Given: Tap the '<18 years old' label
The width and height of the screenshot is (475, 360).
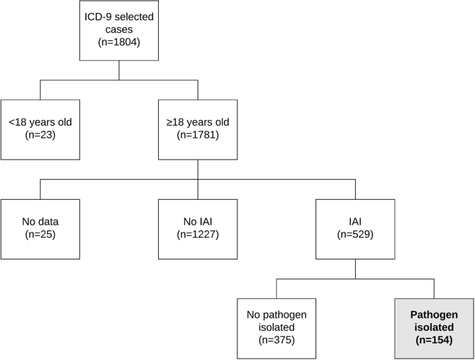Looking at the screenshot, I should [x=40, y=123].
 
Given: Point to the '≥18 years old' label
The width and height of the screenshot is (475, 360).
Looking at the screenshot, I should [x=198, y=123].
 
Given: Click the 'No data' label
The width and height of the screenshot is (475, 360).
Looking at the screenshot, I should [x=40, y=222].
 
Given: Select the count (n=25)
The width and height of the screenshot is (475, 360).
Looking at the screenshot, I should [x=40, y=234].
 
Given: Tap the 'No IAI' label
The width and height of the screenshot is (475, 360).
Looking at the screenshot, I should [x=198, y=222].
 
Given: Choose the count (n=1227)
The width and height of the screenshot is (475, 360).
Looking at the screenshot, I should [x=198, y=234].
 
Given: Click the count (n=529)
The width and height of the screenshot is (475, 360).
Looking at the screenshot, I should [x=355, y=234].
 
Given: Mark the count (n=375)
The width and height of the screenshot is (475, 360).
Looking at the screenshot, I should [x=276, y=340].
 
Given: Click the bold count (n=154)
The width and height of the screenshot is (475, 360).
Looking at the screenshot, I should [x=434, y=340].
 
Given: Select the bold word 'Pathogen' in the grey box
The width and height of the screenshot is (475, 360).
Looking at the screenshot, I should [x=434, y=315].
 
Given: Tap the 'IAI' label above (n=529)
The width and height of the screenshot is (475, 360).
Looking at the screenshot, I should [x=355, y=222].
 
